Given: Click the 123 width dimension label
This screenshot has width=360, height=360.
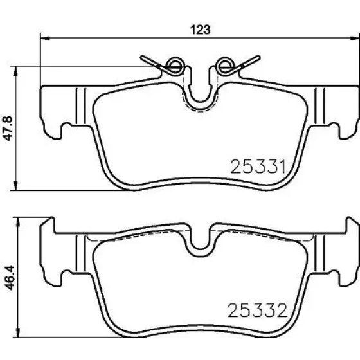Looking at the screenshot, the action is point(200,30).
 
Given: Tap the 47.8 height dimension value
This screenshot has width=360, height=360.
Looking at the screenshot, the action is point(8,129).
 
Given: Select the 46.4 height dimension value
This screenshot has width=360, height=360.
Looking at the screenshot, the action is point(10,277).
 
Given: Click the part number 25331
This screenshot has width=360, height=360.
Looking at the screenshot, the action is point(258,166).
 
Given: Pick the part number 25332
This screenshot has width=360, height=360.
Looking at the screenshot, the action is point(257,310).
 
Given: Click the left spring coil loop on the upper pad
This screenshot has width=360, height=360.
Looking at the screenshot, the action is point(175,65).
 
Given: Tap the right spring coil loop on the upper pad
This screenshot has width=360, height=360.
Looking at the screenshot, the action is point(225,65).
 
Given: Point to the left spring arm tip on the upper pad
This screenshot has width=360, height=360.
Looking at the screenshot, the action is point(142,57).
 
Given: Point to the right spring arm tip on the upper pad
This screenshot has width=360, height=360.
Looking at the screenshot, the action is point(258,57).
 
